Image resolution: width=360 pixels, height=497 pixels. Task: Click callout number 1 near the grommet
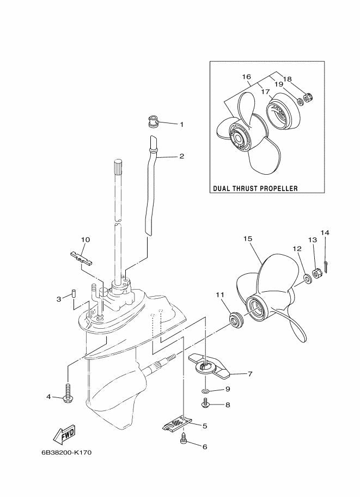[181, 125]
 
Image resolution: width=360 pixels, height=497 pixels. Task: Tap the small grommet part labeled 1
[153, 121]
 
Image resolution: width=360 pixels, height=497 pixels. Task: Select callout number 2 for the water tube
[181, 156]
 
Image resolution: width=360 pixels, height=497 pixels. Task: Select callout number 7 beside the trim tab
[250, 374]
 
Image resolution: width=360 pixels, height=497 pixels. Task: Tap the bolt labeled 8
[206, 403]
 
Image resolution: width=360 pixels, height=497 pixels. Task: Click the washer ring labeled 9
[204, 391]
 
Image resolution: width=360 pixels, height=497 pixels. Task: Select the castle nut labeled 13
[317, 272]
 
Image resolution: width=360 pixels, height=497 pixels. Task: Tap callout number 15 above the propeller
[247, 238]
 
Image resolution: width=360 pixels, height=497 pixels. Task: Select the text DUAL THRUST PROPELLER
[255, 189]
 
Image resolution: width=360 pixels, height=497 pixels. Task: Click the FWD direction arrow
[63, 434]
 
